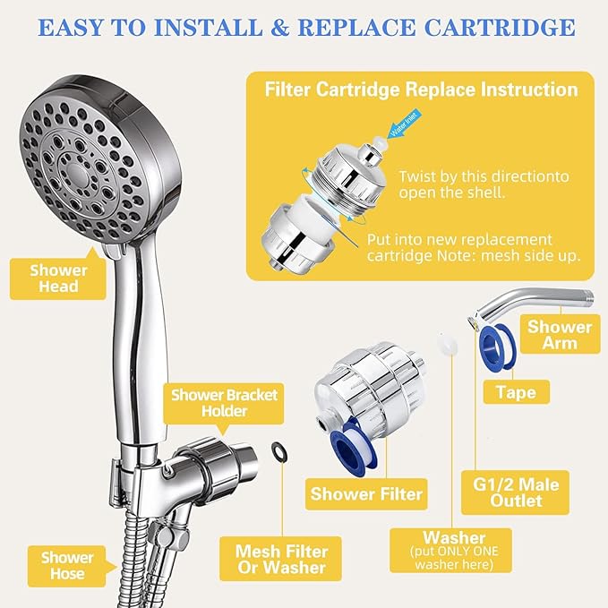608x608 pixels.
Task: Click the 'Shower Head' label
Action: (x=58, y=278)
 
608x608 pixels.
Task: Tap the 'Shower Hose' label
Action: (x=66, y=566)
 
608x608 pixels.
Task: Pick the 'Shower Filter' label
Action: (x=366, y=492)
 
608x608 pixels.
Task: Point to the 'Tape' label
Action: (x=515, y=392)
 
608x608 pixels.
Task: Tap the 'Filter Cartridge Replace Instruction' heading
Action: (x=420, y=90)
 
